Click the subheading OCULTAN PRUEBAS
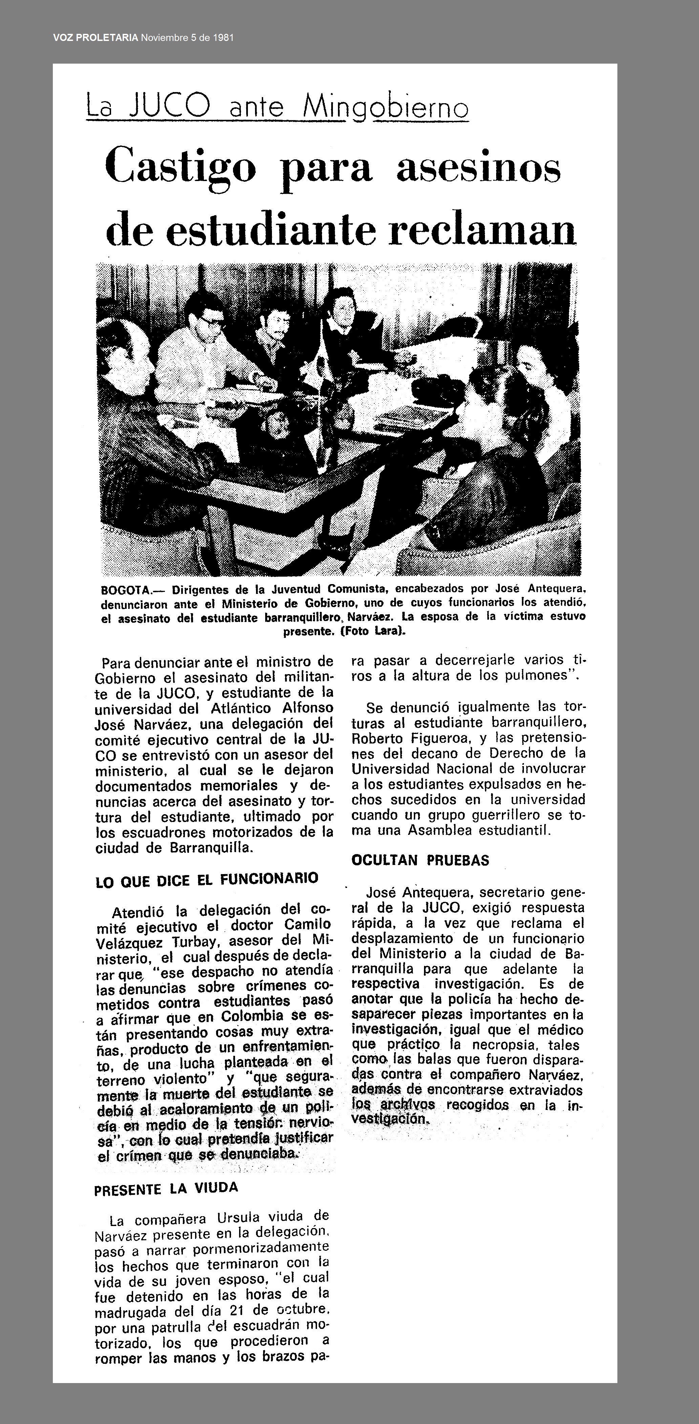point(420,861)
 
